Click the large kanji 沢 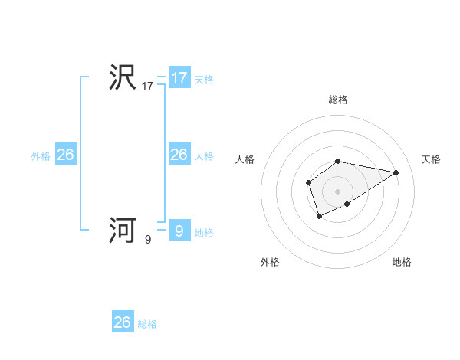point(123,77)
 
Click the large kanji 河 point(123,230)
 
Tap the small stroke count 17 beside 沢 point(148,87)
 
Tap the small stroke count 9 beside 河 point(148,239)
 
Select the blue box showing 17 point(179,78)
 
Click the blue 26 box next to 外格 point(65,155)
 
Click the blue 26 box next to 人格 point(179,155)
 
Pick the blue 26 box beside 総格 point(123,322)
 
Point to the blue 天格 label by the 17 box point(204,80)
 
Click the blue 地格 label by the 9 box point(204,233)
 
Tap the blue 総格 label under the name point(147,324)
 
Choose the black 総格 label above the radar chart point(338,100)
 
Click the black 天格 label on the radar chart point(431,159)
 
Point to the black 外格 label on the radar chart point(270,262)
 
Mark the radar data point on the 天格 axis point(396,172)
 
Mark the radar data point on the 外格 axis point(319,218)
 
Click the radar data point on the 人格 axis point(308,182)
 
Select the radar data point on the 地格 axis point(347,204)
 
